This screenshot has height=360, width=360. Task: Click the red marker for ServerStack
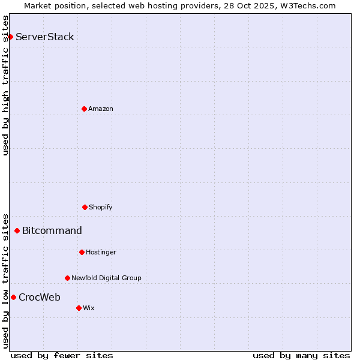(x=10, y=37)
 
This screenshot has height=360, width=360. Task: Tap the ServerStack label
(x=45, y=37)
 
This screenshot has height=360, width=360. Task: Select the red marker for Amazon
(x=84, y=109)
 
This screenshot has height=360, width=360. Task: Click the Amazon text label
(x=101, y=109)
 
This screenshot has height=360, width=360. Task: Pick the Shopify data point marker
(x=85, y=207)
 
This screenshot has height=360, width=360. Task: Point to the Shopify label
(x=101, y=207)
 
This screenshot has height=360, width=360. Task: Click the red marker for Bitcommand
(x=17, y=230)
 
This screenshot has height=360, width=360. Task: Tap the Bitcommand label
(x=52, y=230)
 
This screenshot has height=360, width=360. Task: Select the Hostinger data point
(x=82, y=252)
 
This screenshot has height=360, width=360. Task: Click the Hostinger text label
(x=101, y=252)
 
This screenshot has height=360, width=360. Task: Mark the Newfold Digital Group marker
(x=67, y=278)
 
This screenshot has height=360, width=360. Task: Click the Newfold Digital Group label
(x=106, y=278)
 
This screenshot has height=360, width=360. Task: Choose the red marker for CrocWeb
(x=13, y=297)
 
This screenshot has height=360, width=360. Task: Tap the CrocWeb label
(x=40, y=297)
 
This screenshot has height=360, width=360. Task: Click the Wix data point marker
(x=79, y=308)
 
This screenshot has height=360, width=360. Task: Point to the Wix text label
(x=89, y=308)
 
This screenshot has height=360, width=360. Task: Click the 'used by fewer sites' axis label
(x=62, y=355)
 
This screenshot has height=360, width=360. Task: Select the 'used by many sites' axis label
(x=301, y=355)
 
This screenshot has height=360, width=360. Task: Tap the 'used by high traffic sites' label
(x=5, y=85)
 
